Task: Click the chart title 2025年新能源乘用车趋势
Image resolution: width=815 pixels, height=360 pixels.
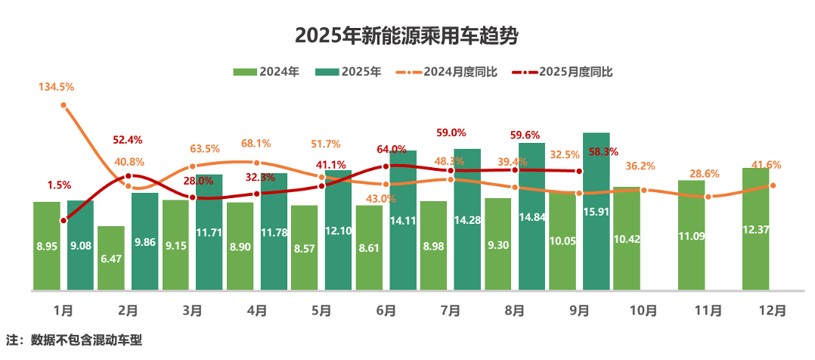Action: pyautogui.click(x=407, y=36)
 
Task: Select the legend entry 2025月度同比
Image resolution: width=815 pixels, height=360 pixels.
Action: pyautogui.click(x=562, y=72)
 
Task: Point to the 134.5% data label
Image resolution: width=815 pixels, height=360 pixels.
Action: pyautogui.click(x=57, y=88)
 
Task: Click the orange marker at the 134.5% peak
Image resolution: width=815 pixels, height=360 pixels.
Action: pyautogui.click(x=64, y=106)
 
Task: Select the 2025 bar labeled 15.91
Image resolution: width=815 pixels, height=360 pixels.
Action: pyautogui.click(x=597, y=212)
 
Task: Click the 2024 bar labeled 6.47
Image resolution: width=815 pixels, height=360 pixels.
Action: pyautogui.click(x=111, y=257)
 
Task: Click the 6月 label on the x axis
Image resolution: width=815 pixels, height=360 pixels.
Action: pyautogui.click(x=386, y=310)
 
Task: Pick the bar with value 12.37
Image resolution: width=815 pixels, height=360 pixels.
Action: pyautogui.click(x=756, y=228)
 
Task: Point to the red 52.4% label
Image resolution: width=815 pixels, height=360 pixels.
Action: pyautogui.click(x=128, y=140)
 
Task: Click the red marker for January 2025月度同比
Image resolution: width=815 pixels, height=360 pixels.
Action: pyautogui.click(x=64, y=221)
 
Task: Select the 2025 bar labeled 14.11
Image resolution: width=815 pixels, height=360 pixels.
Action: pyautogui.click(x=403, y=219)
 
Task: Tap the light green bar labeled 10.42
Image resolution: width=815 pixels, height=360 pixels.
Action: pyautogui.click(x=627, y=238)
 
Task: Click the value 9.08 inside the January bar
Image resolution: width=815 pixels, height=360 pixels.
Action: pyautogui.click(x=80, y=245)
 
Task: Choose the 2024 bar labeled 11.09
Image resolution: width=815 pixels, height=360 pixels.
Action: pyautogui.click(x=692, y=234)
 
